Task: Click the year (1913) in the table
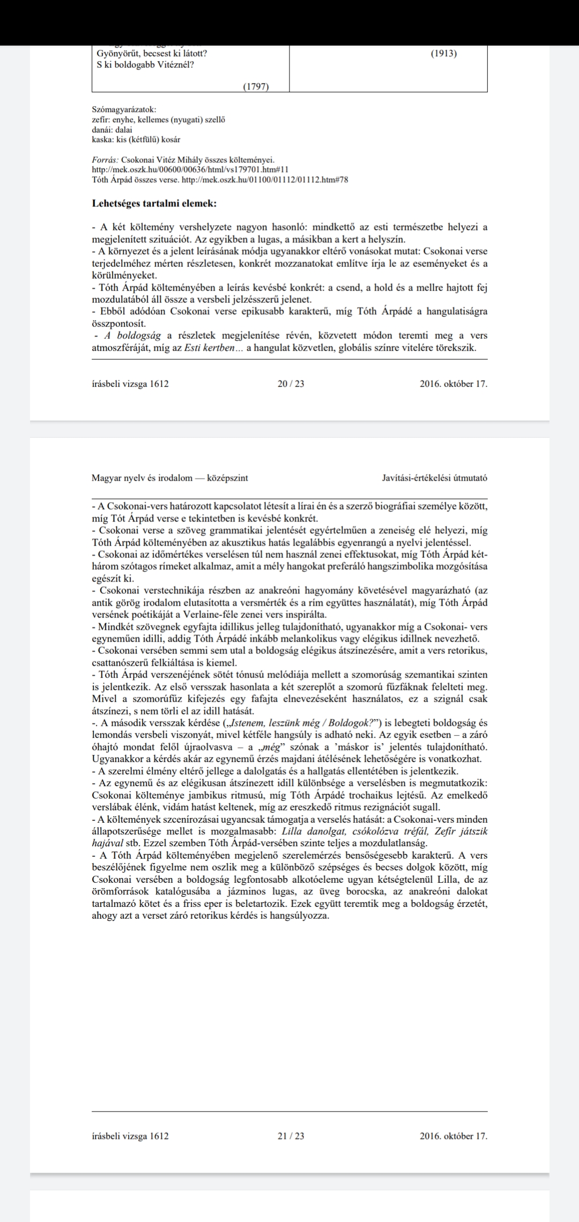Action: (x=444, y=54)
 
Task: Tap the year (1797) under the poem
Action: (x=256, y=87)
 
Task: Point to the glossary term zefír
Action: (x=100, y=120)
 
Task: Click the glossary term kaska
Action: (x=101, y=139)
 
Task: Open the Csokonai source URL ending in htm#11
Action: (x=190, y=169)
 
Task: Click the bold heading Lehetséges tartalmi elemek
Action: (x=154, y=204)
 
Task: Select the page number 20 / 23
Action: (x=291, y=384)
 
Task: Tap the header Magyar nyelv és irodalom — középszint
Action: (x=170, y=478)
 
